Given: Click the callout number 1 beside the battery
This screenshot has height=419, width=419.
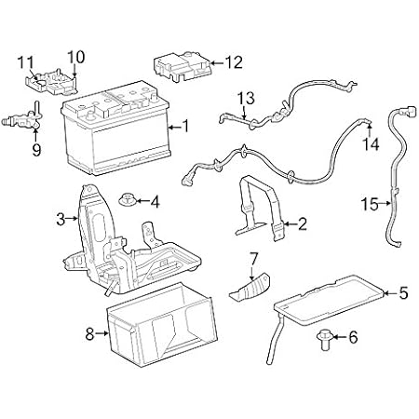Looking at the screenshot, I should click(185, 126).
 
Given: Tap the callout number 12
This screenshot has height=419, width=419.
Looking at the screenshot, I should click(233, 63).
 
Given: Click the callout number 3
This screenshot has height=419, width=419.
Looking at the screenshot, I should click(61, 219).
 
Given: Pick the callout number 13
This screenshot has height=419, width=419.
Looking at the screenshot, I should click(245, 97).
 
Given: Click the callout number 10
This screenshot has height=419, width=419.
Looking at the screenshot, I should click(75, 55).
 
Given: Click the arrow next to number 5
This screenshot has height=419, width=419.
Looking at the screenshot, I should click(389, 294).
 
